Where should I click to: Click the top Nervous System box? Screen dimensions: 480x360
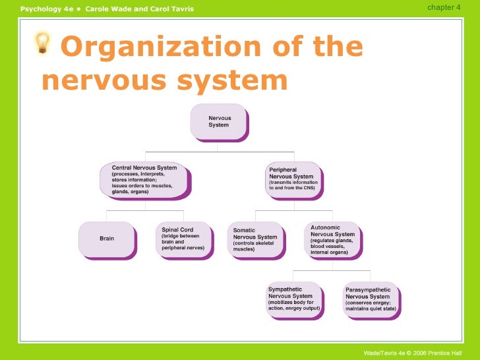(219, 121)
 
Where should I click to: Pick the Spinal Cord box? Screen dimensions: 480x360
(185, 239)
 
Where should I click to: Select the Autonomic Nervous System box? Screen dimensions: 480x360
(334, 239)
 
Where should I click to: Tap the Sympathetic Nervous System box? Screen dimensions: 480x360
(294, 300)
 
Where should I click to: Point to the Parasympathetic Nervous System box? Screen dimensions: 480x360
(371, 300)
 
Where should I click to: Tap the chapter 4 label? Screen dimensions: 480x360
(444, 7)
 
